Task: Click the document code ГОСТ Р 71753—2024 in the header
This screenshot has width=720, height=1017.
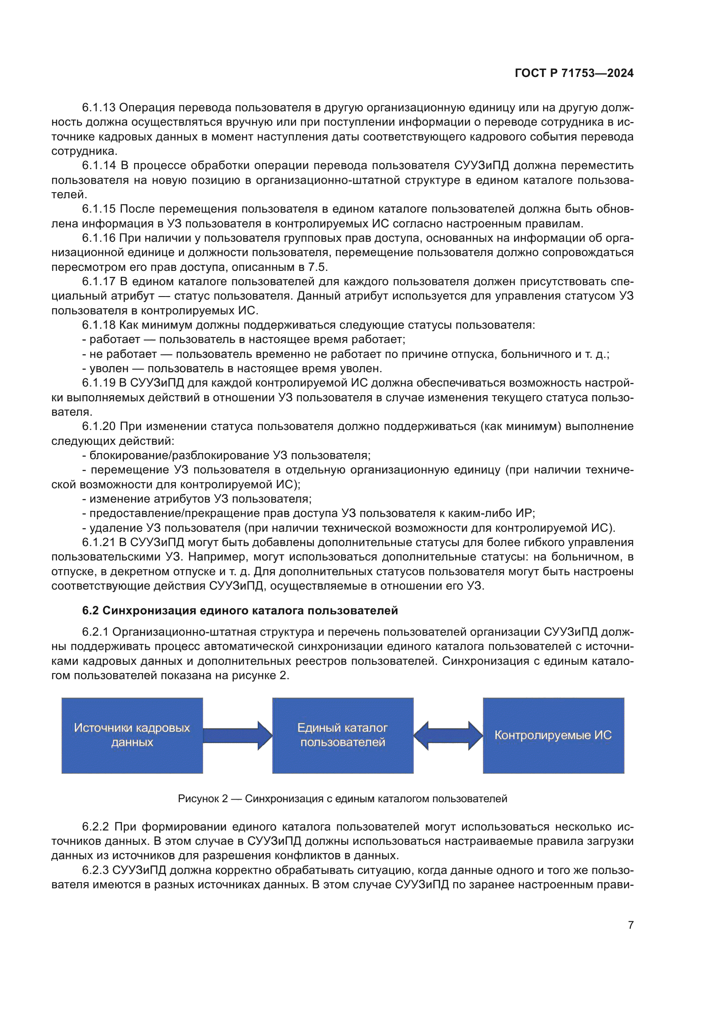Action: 574,73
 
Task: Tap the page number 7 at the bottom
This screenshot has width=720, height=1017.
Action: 630,925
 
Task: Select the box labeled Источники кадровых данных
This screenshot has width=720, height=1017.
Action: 132,735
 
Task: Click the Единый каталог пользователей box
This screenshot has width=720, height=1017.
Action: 342,735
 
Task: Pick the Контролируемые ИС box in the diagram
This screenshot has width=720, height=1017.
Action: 553,735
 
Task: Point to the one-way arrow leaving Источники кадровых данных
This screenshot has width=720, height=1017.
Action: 237,735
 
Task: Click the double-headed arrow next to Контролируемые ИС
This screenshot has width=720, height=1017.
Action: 448,735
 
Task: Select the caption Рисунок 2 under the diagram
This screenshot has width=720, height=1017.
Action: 342,799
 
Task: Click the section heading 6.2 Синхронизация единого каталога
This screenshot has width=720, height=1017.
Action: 240,610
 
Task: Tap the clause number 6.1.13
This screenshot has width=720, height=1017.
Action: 98,108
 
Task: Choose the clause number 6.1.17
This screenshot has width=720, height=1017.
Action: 98,281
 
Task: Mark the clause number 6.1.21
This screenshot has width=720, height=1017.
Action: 98,542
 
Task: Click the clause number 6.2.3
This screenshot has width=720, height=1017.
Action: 95,870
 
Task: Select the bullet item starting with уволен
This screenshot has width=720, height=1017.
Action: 232,369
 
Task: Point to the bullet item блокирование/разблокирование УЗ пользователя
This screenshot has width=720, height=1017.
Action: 226,455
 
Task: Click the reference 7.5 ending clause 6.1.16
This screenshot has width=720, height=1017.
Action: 317,267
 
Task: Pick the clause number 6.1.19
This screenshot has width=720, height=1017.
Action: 98,383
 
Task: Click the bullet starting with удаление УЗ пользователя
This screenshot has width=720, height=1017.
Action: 349,528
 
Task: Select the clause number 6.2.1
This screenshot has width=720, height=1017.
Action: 95,632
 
